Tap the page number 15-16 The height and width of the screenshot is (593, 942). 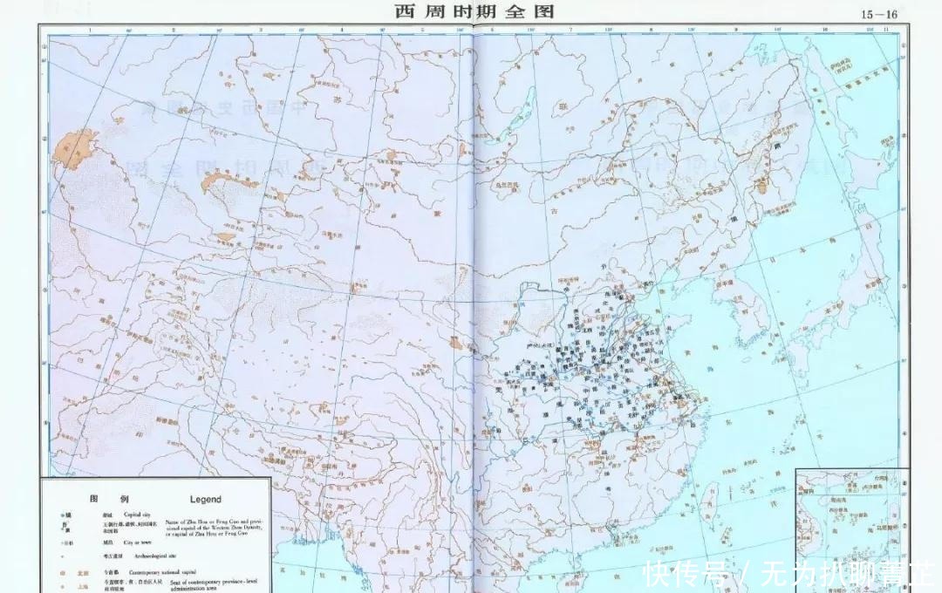coord(878,13)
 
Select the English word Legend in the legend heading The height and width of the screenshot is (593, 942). coord(200,500)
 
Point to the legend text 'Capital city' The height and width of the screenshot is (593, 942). coord(142,516)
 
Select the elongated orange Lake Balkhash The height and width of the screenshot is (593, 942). coord(218,182)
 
